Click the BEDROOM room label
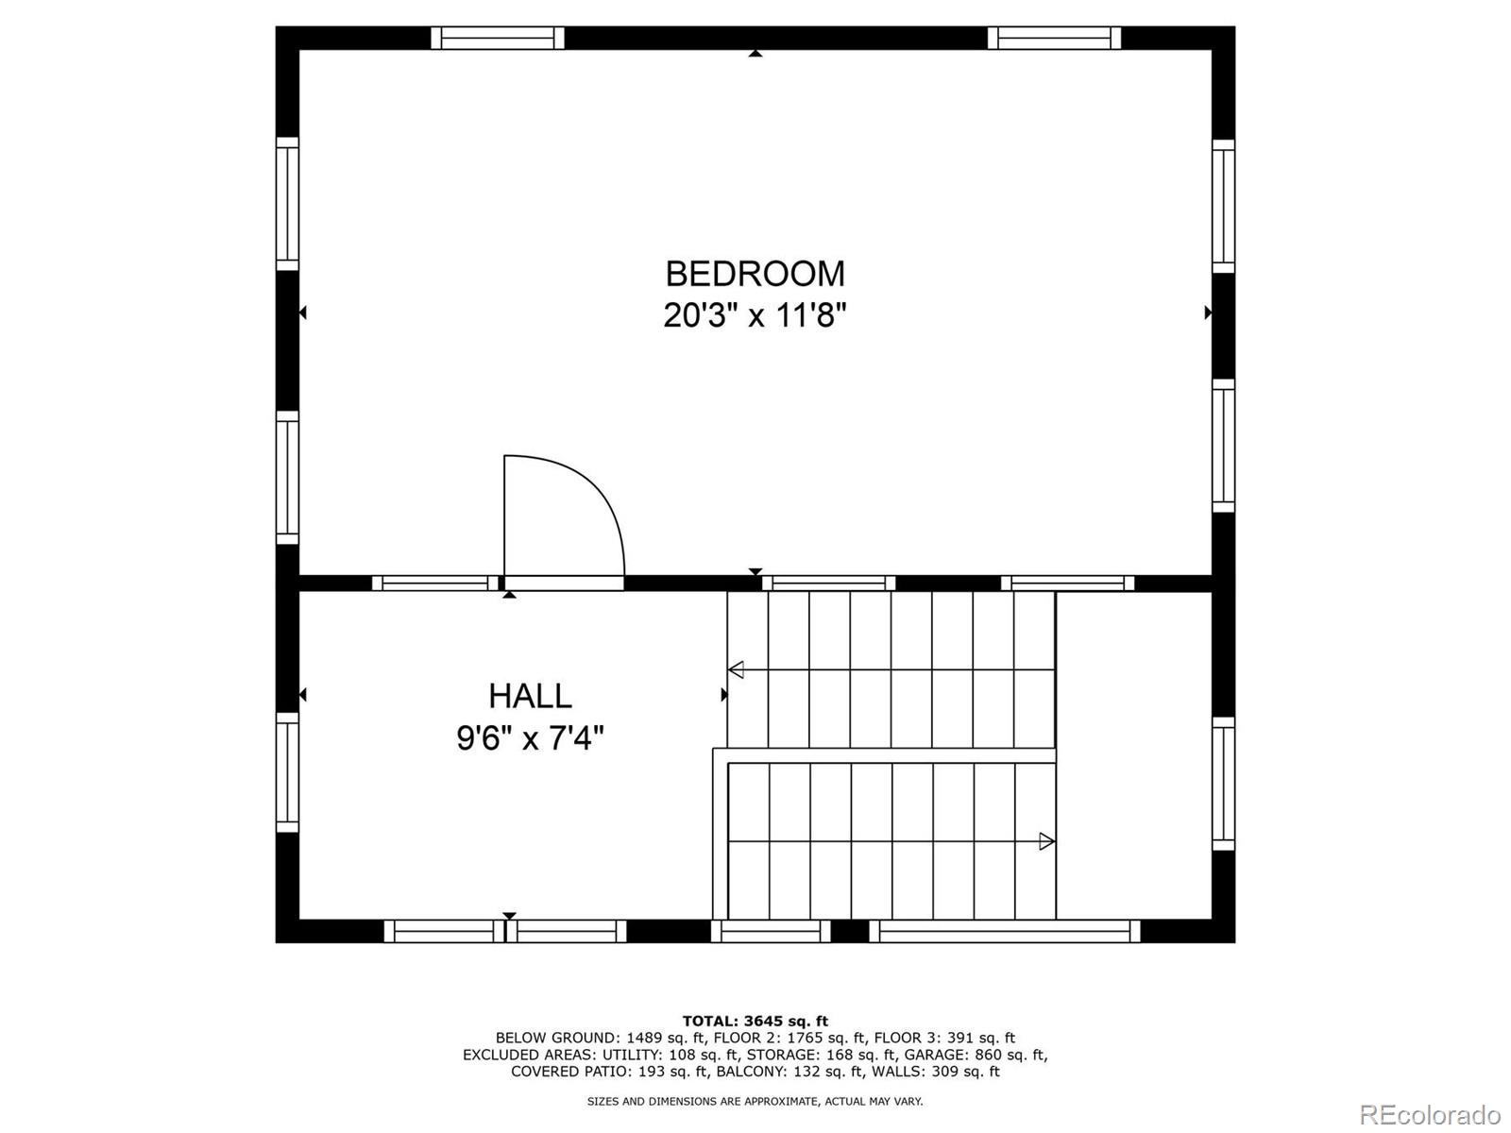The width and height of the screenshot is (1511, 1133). click(x=755, y=274)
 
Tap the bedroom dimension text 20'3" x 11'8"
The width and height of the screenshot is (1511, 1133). click(x=755, y=315)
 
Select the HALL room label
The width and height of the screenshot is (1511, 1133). click(x=530, y=696)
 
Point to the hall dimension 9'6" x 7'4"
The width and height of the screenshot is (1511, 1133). click(x=530, y=737)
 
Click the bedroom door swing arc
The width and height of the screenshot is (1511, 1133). click(x=595, y=491)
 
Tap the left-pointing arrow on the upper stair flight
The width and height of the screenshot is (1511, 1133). click(x=737, y=670)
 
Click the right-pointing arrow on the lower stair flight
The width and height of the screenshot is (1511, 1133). click(x=1045, y=841)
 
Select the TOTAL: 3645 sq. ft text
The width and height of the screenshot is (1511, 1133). click(x=755, y=1021)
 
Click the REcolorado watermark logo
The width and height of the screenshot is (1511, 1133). click(x=1430, y=1114)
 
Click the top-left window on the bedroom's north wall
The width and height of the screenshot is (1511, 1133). click(x=498, y=38)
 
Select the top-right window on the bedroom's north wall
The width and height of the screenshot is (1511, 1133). click(x=1054, y=38)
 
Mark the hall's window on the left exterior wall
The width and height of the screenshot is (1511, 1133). click(x=287, y=772)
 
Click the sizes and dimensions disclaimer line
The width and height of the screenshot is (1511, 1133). click(x=755, y=1101)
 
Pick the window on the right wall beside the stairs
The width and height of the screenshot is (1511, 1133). click(x=1223, y=784)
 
